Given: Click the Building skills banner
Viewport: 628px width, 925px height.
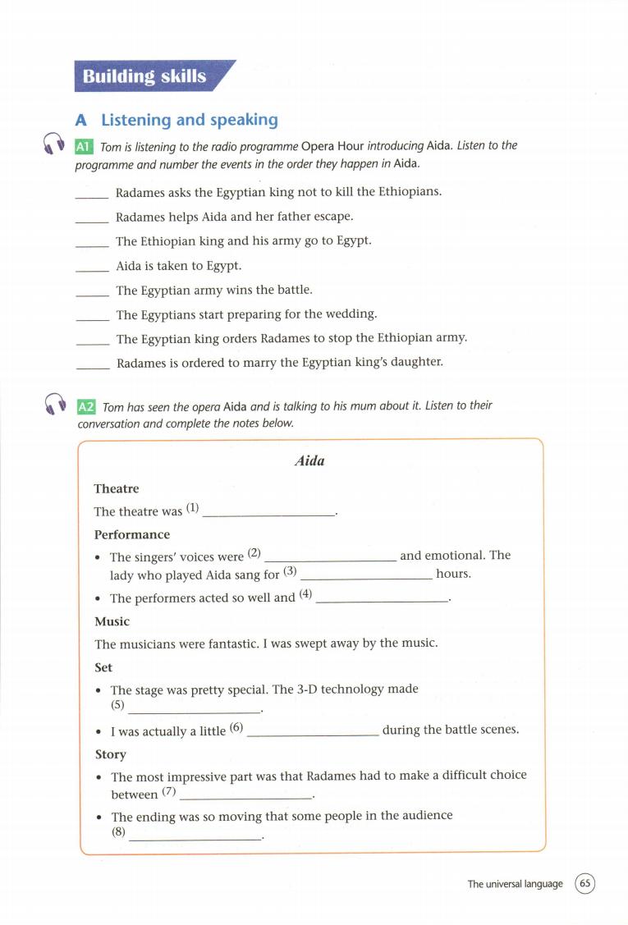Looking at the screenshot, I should coord(145,77).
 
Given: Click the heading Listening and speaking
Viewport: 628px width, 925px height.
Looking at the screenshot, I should coord(189,120).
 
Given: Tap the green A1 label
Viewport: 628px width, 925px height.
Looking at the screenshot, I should coord(84,146).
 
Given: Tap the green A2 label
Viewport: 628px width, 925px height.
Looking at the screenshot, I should coord(85,406).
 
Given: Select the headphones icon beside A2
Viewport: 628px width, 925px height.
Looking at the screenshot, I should coord(56,403).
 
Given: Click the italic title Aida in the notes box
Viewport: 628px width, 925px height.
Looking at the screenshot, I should coord(309,461).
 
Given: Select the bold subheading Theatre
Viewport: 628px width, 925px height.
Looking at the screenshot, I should coord(117,488).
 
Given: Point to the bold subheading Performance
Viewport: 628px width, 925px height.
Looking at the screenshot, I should coord(132,534).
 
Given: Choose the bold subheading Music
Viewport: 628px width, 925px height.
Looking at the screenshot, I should coord(112,621).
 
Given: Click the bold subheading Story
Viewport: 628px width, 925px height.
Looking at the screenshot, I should coord(111,754).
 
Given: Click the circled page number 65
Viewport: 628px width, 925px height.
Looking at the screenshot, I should coord(585,884).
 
